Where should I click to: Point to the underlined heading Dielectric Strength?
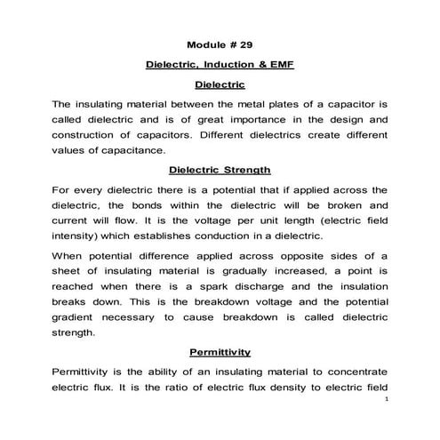coord(220,169)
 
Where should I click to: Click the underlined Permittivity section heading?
coord(220,351)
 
